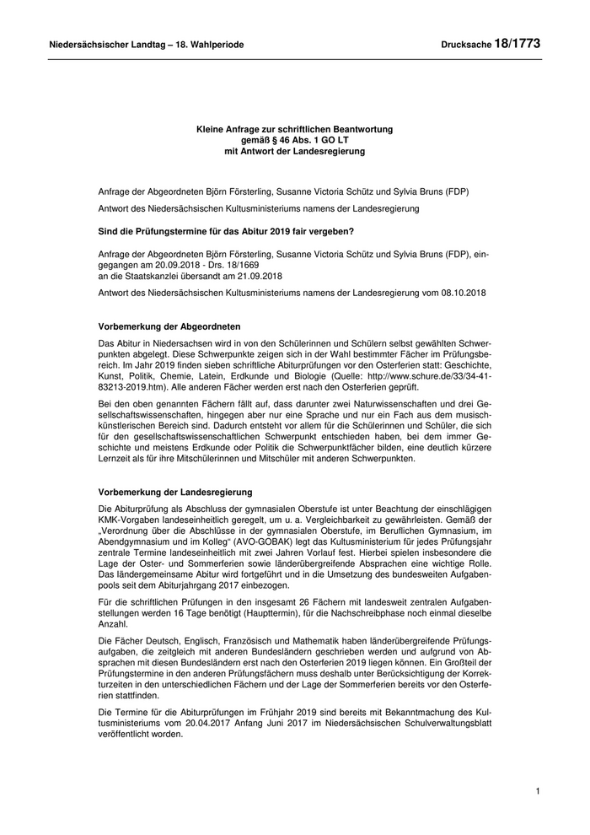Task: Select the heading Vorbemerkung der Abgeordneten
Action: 169,326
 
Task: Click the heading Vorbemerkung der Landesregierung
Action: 174,492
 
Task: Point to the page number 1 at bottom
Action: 537,791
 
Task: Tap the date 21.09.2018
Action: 258,274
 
